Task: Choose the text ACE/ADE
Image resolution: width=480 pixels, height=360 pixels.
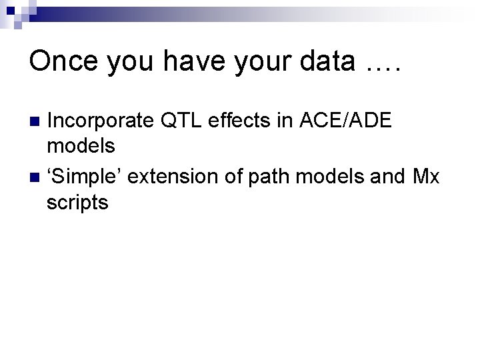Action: tap(352, 121)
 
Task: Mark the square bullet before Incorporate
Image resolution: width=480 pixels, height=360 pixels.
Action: tap(35, 121)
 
